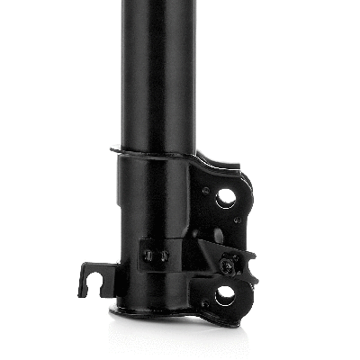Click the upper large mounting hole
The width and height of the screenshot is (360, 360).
coord(225,197)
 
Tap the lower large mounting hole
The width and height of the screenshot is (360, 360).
coord(225,292)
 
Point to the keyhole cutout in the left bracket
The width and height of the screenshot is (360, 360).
coord(93,272)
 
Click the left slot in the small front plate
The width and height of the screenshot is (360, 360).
coord(149,256)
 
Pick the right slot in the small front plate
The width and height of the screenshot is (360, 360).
coord(163,256)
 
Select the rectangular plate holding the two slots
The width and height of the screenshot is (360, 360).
coord(155,255)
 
